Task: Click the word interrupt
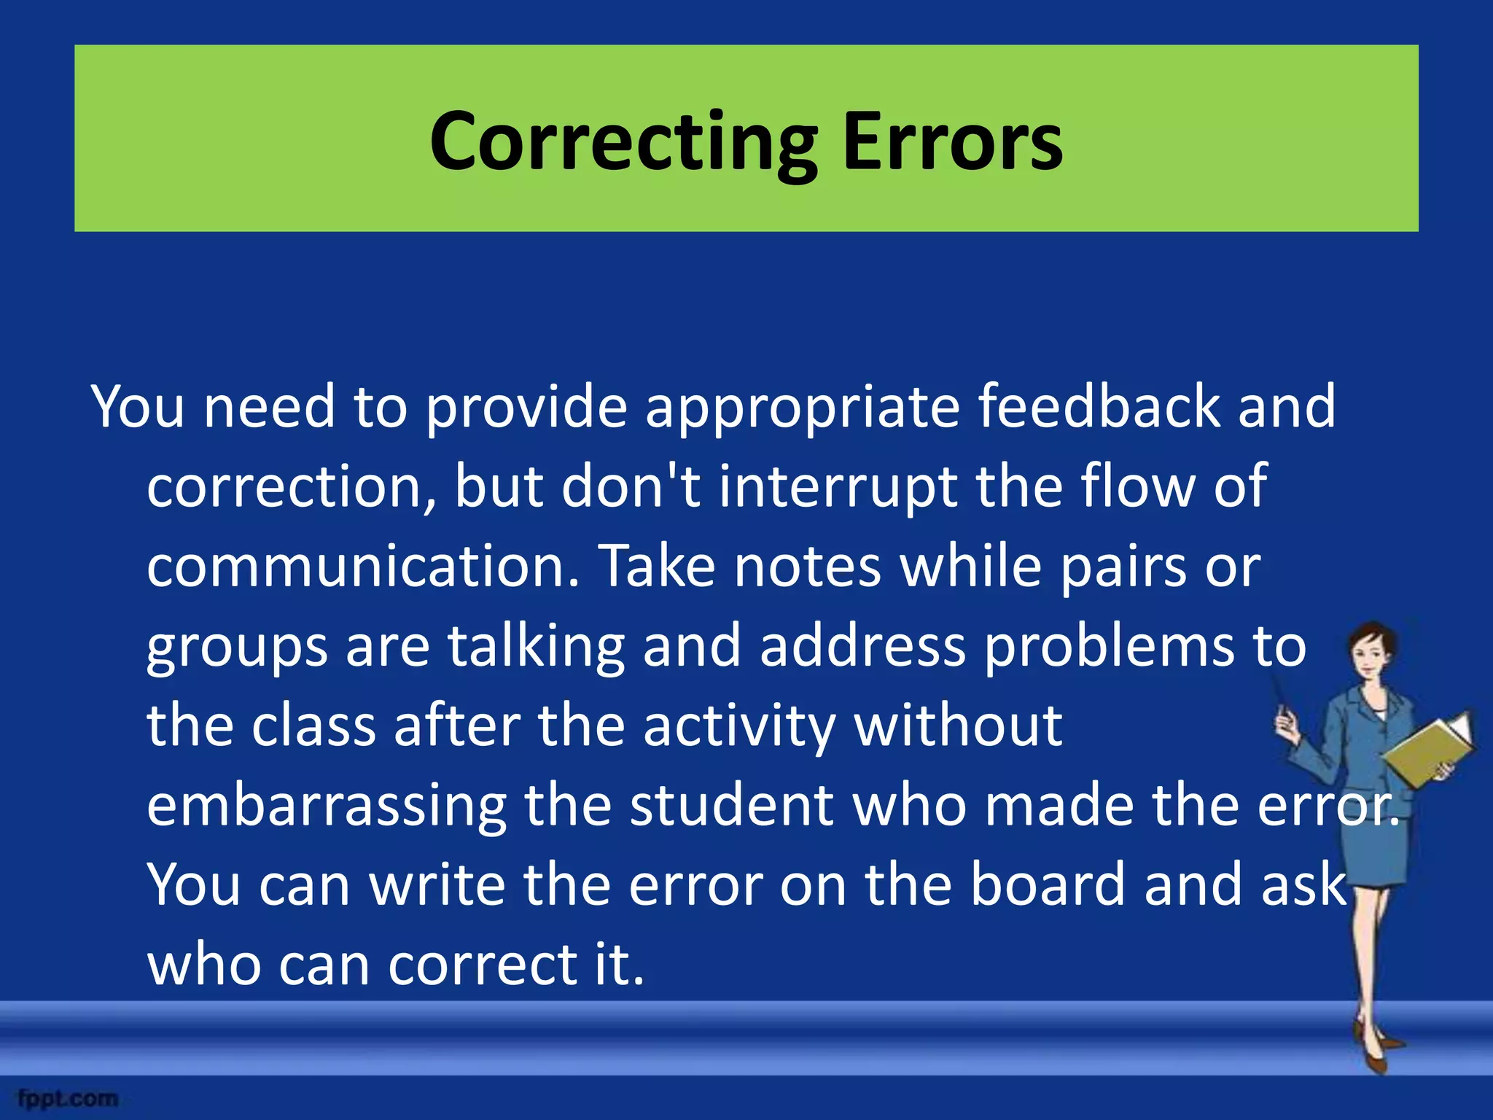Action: [x=838, y=488]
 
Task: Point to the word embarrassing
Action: [x=326, y=808]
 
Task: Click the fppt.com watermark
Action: [x=68, y=1098]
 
